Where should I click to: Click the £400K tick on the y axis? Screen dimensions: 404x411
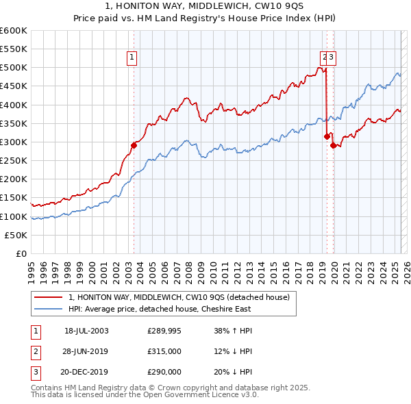point(14,105)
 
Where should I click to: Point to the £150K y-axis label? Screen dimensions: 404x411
point(14,198)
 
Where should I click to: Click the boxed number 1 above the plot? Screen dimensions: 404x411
point(131,58)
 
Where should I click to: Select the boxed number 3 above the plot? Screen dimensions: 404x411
point(331,58)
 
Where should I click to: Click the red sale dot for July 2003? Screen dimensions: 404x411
point(134,144)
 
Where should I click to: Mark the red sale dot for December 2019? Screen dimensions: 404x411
point(333,145)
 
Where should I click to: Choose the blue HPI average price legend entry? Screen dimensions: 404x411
point(159,309)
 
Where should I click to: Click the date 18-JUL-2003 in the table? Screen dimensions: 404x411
point(86,331)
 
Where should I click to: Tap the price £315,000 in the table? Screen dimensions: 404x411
point(164,351)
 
